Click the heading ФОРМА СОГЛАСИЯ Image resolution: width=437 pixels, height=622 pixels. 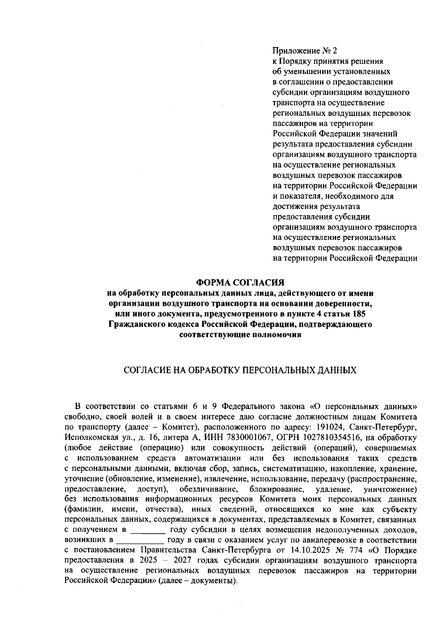(x=240, y=283)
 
